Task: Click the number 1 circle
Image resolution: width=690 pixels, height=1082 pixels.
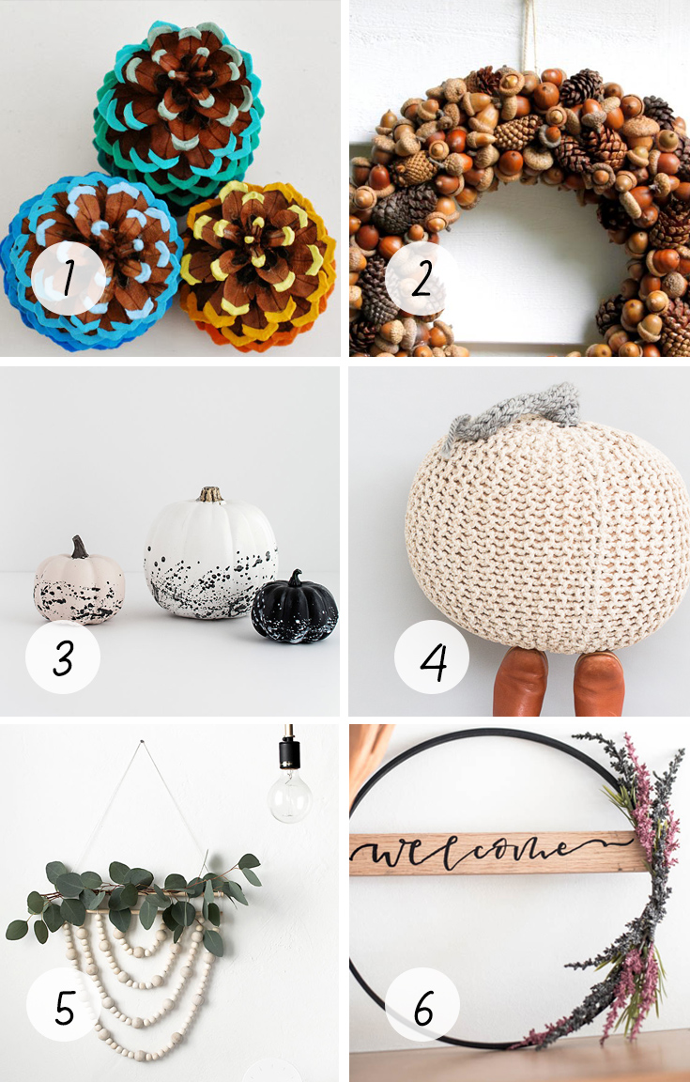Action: point(69,278)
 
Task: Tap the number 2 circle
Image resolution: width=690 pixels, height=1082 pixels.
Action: point(422,278)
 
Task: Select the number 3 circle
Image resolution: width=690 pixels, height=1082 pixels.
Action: point(63,657)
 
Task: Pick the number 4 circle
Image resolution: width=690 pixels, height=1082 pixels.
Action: point(432,657)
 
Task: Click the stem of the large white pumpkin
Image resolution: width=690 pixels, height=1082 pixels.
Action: point(209,494)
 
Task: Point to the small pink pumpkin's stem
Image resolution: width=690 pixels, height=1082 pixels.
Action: point(80,548)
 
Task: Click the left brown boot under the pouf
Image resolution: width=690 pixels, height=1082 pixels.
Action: point(521,681)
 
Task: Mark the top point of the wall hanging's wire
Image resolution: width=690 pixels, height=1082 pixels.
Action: point(142,741)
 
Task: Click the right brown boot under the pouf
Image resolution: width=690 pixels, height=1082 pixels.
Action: point(599,683)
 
